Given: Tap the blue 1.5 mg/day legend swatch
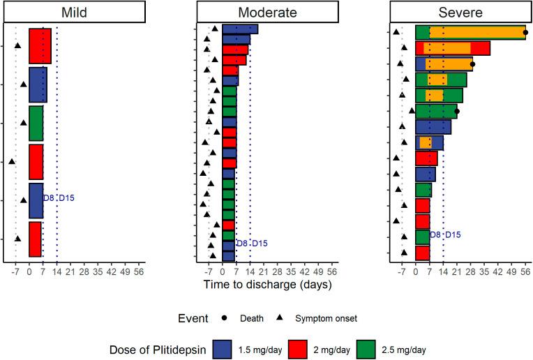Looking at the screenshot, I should point(223,349).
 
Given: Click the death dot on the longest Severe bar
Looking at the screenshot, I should point(525,33).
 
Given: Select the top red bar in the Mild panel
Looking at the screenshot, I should point(40,46).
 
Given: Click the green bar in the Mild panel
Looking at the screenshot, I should point(36,123).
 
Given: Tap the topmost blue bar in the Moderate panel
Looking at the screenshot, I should point(240,29).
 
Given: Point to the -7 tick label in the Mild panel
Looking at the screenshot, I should point(15,272).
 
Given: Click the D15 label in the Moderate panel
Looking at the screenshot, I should point(259,243).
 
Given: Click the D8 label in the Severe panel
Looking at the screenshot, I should point(435,235).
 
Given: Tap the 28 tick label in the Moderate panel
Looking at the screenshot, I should point(278,272).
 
